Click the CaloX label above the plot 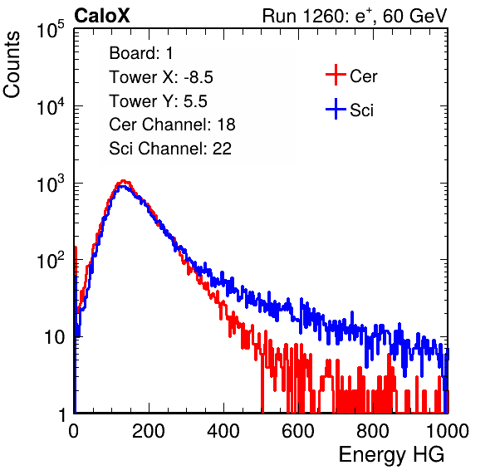click(x=102, y=16)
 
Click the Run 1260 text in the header click(x=303, y=16)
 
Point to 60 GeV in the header click(x=414, y=16)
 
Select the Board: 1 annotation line click(x=141, y=53)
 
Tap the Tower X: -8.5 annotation click(x=161, y=77)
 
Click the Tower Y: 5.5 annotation click(x=158, y=101)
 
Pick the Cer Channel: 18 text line click(x=172, y=125)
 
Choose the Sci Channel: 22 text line click(x=170, y=149)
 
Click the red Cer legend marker click(x=336, y=75)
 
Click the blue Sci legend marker click(x=336, y=110)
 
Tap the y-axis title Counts click(x=12, y=65)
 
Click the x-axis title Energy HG click(x=391, y=455)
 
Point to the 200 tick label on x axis click(x=149, y=431)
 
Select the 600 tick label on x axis click(x=298, y=431)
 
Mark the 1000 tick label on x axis click(x=448, y=431)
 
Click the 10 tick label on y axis click(x=55, y=337)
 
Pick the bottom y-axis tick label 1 click(x=62, y=414)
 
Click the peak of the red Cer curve click(x=124, y=181)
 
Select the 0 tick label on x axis click(x=74, y=431)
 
